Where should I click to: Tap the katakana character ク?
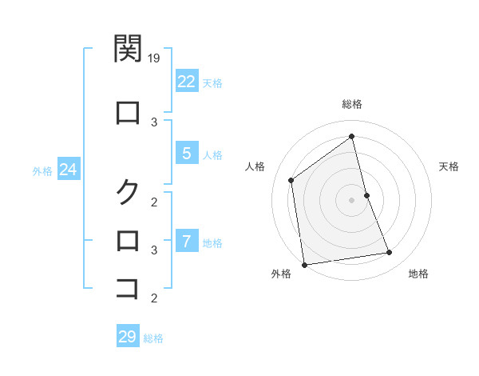point(128,191)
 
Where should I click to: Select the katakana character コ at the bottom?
point(128,287)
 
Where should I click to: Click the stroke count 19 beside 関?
point(155,58)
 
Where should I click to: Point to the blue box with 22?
point(186,81)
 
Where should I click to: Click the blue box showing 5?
point(186,153)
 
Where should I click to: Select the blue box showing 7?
point(186,241)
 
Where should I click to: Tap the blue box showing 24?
point(68,170)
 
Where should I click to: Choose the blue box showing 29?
point(128,336)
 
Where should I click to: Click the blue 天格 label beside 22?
point(212,82)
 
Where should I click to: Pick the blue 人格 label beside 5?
point(212,154)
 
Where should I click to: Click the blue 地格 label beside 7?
point(212,242)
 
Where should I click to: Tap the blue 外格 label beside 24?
point(42,170)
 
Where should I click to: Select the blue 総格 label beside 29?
point(154,338)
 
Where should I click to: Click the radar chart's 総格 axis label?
point(352,104)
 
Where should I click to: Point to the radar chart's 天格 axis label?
point(449,166)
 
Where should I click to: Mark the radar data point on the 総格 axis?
point(352,137)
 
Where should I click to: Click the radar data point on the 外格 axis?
point(304,264)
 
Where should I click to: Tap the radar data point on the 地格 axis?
point(390,253)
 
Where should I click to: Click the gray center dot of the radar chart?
point(352,199)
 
